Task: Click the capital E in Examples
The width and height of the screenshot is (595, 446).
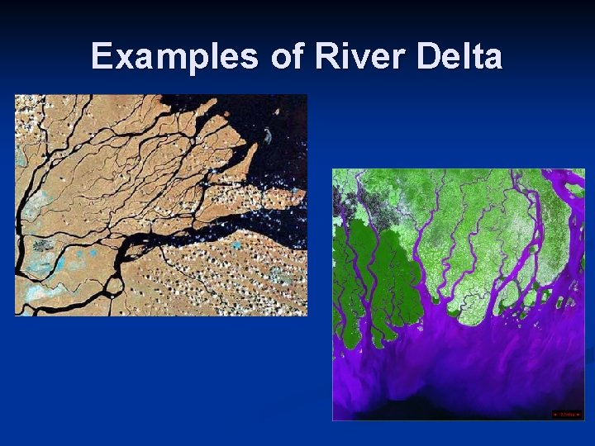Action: [x=102, y=57]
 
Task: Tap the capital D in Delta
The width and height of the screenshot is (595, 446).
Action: [x=430, y=57]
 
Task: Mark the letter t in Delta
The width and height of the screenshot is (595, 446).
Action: [x=478, y=57]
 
